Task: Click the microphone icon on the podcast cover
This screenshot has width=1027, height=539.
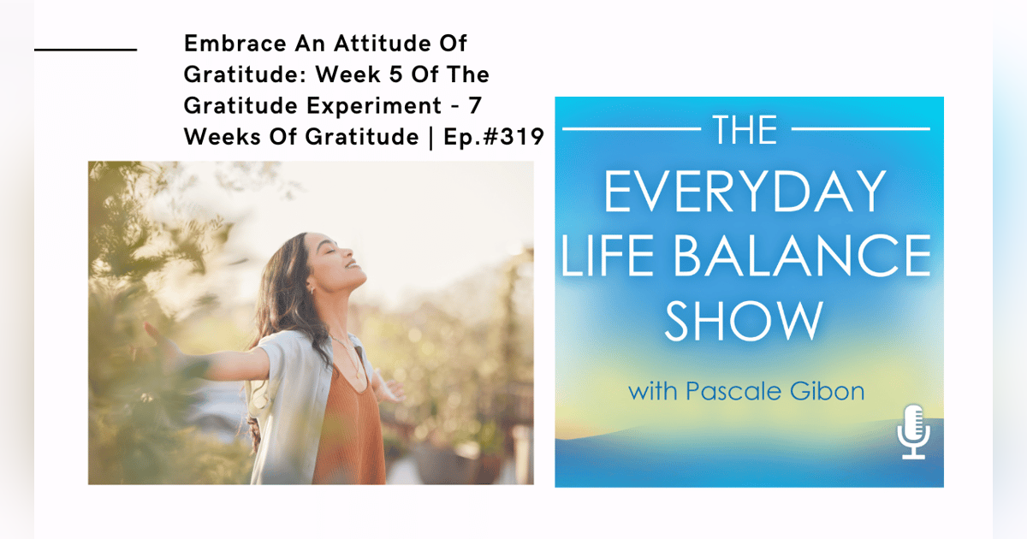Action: click(x=914, y=433)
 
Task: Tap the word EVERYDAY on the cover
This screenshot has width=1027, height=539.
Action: click(x=744, y=192)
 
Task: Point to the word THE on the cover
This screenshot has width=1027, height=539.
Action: click(x=744, y=130)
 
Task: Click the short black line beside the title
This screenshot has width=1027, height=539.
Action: click(x=86, y=50)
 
